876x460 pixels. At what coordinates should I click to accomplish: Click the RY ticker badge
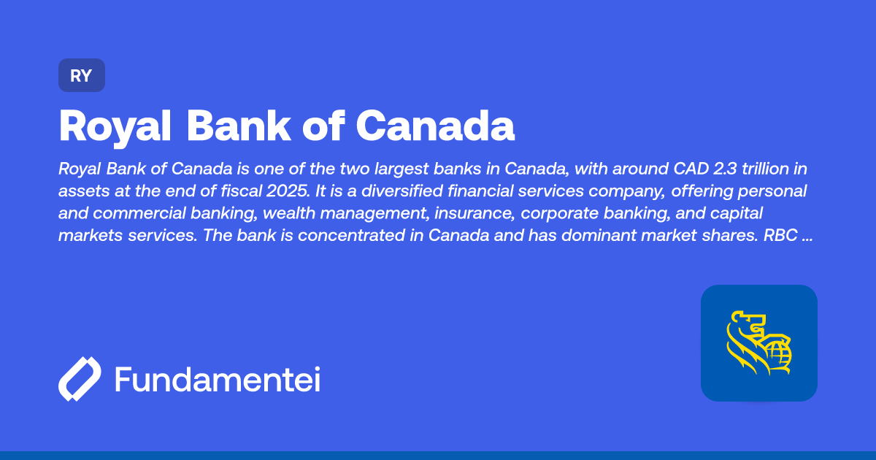tap(82, 75)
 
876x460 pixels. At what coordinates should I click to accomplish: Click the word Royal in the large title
tap(115, 126)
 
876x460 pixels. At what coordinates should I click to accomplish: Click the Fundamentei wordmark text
tap(218, 380)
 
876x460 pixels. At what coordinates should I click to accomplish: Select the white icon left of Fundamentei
tap(80, 380)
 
